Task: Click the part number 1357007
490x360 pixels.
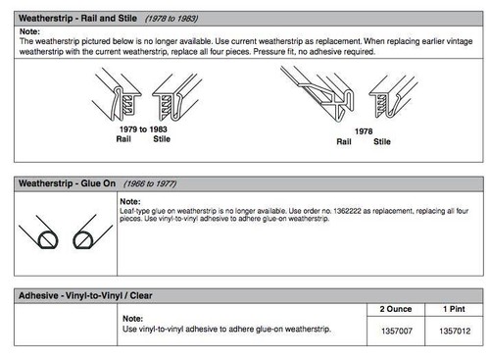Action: click(x=397, y=331)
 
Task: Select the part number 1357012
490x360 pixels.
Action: click(x=455, y=331)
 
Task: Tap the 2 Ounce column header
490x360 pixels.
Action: click(x=396, y=309)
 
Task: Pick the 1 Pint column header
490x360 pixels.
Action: click(x=454, y=309)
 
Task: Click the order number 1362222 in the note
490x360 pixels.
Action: click(x=347, y=211)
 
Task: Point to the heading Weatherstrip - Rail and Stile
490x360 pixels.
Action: click(x=77, y=19)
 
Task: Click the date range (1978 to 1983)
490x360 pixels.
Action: click(x=171, y=19)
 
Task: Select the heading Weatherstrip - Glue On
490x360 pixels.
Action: click(x=67, y=183)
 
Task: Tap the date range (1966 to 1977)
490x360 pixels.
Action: click(x=150, y=183)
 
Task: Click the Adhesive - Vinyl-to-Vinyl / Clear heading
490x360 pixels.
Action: click(x=85, y=295)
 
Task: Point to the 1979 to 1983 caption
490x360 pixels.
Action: click(x=143, y=129)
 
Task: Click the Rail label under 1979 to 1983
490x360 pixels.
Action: click(x=123, y=139)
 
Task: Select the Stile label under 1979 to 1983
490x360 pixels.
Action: click(x=162, y=139)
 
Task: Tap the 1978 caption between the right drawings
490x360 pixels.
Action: click(x=364, y=131)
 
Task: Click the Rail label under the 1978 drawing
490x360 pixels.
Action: click(x=344, y=141)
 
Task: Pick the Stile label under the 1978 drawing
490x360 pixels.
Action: click(x=382, y=141)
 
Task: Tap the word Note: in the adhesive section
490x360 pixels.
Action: click(x=132, y=319)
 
